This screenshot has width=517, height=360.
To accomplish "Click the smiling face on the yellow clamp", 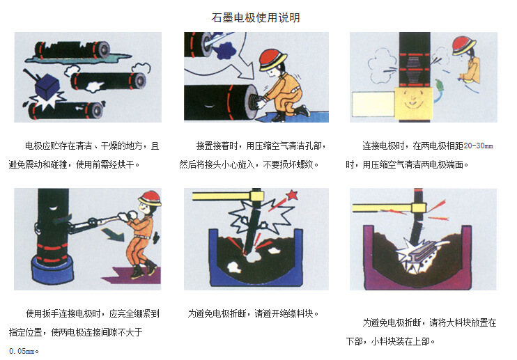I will coord(411,102).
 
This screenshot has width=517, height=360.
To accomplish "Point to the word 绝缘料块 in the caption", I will coord(296,314).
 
